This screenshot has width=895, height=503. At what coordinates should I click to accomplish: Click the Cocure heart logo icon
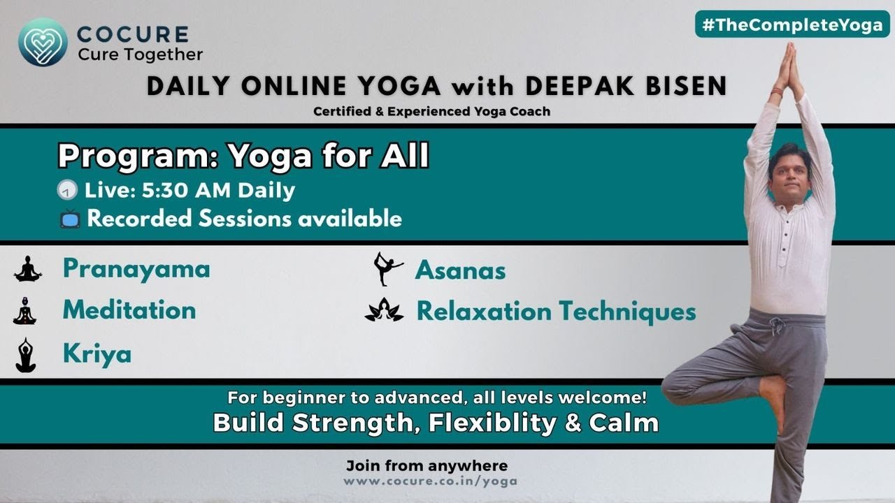pos(43,42)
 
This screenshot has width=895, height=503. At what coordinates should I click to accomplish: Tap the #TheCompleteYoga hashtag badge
pos(792,24)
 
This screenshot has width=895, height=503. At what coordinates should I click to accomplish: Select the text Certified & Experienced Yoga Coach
pos(431,111)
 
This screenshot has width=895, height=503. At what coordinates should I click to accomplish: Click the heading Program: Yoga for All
pos(243,157)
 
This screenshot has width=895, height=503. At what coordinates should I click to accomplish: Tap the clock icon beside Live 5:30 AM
pos(69,191)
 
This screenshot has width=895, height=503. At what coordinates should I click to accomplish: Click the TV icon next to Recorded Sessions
pos(70,219)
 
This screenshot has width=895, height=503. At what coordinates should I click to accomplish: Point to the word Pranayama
pos(136,268)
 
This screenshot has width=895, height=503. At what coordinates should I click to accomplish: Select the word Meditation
pos(129,310)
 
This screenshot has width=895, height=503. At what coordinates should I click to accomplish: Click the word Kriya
pos(96,353)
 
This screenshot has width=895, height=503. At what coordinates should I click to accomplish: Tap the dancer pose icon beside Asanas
pos(388,269)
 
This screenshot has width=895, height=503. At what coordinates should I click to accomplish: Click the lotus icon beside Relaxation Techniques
pos(385,310)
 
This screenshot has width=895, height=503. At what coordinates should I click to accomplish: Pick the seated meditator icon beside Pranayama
pos(28,269)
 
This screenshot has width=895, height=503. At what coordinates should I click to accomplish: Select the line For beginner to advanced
pos(436,398)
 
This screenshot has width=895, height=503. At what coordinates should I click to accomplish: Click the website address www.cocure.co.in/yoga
pos(430,481)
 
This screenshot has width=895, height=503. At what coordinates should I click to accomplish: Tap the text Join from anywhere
pos(427,465)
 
